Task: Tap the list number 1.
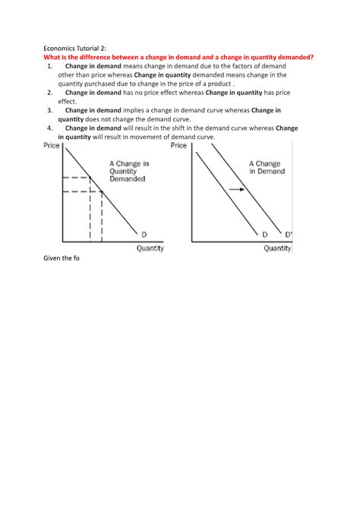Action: [50, 67]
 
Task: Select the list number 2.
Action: [50, 92]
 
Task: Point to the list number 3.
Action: [50, 109]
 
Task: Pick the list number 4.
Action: [50, 128]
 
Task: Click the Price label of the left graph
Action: [52, 145]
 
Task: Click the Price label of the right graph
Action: [180, 145]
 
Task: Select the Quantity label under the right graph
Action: [277, 248]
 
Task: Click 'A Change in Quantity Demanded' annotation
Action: [129, 171]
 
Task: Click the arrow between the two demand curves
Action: [236, 188]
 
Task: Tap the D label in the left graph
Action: [144, 233]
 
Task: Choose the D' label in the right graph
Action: [288, 233]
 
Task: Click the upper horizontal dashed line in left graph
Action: [77, 178]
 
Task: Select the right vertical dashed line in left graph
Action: [103, 217]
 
